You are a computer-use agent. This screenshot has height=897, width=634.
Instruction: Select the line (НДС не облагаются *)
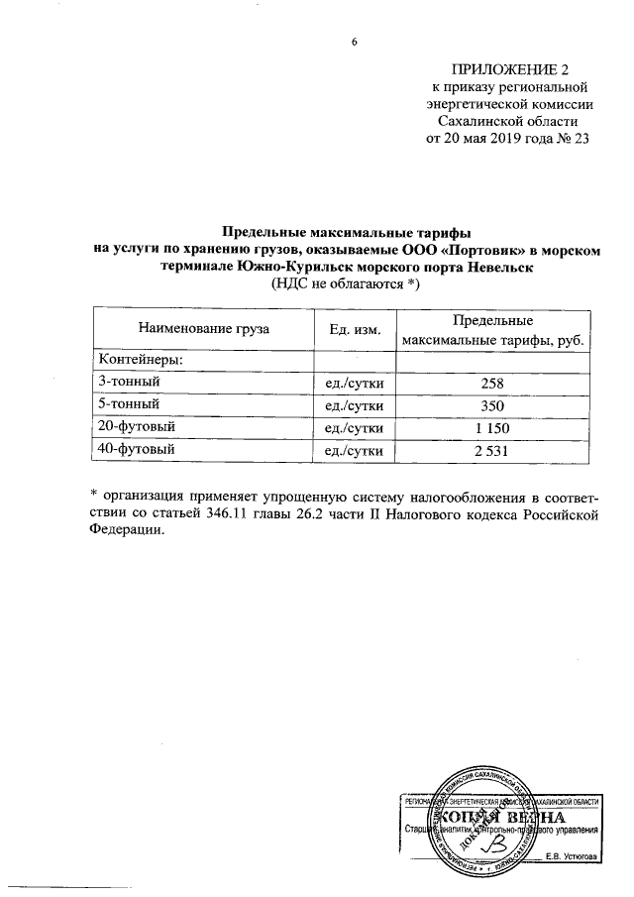tap(346, 284)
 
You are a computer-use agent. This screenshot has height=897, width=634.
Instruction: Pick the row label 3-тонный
tap(127, 382)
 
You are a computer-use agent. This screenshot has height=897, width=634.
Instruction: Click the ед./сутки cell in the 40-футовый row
tap(355, 451)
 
